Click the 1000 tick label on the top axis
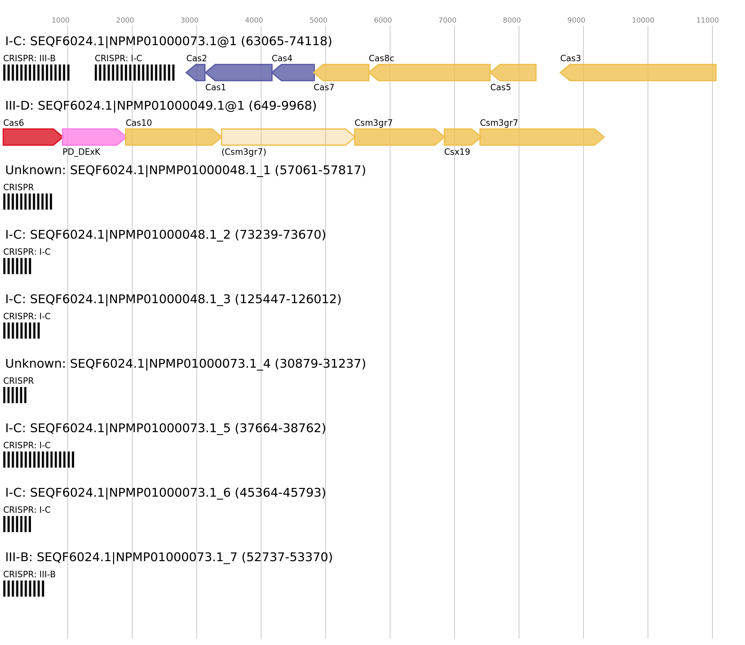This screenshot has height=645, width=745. (60, 20)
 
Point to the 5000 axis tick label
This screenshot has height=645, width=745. (319, 20)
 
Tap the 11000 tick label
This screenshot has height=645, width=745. (707, 20)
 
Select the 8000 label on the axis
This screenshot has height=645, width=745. (512, 20)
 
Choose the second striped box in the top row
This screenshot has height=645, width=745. (135, 73)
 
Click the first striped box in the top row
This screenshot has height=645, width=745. (36, 73)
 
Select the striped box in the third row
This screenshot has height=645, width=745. (28, 202)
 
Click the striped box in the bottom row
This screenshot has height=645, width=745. (24, 589)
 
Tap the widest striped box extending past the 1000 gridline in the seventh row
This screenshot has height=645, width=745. (38, 460)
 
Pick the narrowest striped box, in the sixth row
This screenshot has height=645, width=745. (15, 395)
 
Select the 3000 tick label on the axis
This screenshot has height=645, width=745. (189, 20)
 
